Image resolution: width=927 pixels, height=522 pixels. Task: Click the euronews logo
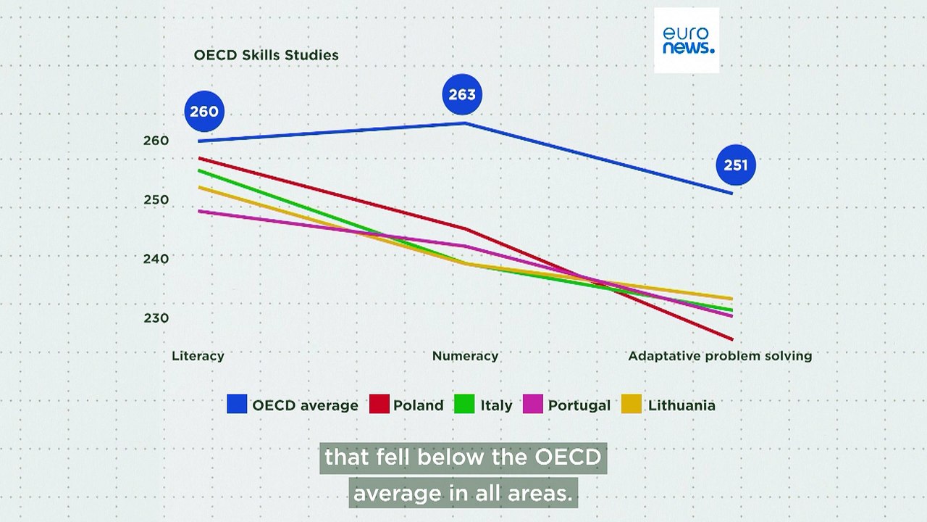click(x=687, y=41)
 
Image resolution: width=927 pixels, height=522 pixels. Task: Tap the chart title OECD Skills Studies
click(x=266, y=55)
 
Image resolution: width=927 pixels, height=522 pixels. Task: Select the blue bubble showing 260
click(x=204, y=112)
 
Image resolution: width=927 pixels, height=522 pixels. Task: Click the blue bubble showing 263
click(x=462, y=94)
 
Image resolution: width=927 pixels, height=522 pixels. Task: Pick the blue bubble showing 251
click(x=735, y=165)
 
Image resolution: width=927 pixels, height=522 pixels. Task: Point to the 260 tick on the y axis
click(x=156, y=141)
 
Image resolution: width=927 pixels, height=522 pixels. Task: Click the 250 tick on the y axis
click(x=156, y=200)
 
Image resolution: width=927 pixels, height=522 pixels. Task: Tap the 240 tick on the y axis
click(x=156, y=259)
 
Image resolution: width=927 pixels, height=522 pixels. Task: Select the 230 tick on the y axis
click(x=156, y=318)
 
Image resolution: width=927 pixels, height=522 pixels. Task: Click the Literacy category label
click(x=198, y=356)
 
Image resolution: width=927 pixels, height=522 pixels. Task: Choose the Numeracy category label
click(x=465, y=356)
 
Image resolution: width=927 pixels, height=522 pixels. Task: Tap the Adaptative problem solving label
click(x=720, y=356)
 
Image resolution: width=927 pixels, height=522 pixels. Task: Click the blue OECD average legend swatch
click(x=237, y=404)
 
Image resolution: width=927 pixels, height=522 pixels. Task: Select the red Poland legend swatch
click(x=379, y=404)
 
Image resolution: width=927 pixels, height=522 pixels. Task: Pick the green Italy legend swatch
click(x=464, y=404)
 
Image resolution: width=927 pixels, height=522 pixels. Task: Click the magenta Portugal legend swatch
click(x=533, y=404)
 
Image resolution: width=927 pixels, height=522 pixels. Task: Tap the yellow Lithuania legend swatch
click(x=632, y=404)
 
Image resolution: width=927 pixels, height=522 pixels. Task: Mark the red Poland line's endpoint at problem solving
click(x=732, y=339)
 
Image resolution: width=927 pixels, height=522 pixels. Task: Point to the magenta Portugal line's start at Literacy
click(x=199, y=211)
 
